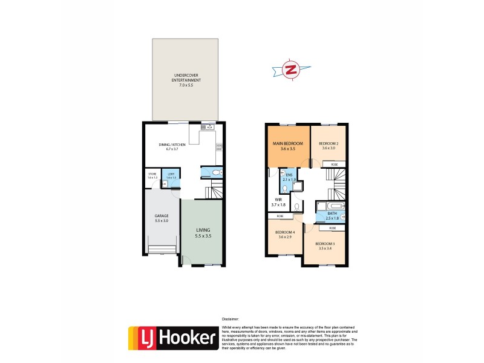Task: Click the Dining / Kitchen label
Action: (172, 146)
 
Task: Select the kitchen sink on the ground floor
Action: (207, 128)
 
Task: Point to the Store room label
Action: (152, 175)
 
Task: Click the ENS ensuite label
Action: (289, 176)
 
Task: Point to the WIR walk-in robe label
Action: (279, 200)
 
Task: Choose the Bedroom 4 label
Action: (285, 233)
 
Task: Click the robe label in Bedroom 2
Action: (334, 164)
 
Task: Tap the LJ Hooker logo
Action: (173, 338)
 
